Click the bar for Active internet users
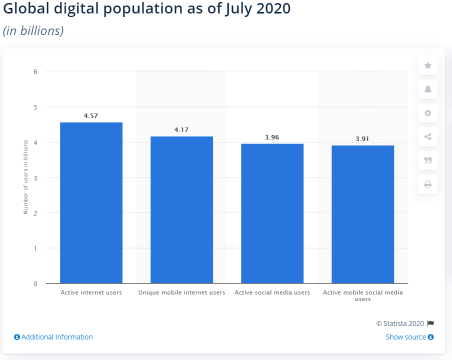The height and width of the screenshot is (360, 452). coord(91,202)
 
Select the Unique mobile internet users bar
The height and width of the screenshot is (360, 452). coord(181,210)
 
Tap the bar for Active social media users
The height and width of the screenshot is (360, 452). coord(272,213)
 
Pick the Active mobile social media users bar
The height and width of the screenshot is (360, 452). coord(362,214)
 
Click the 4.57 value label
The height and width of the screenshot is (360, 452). coord(91,115)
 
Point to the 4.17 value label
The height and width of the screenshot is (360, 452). coord(181,129)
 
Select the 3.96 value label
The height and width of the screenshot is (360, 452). coord(272,137)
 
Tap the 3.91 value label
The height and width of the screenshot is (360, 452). coord(362,138)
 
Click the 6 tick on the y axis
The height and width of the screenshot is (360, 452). coord(35,71)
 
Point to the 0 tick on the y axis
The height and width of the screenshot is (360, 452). coord(35,283)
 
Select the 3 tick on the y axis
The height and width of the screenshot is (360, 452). coord(35,177)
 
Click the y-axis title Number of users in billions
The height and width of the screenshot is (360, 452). coord(25,177)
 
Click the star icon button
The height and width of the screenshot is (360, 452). coord(427,65)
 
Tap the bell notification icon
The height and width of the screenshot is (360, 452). coord(427,89)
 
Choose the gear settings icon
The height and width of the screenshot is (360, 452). coord(427,113)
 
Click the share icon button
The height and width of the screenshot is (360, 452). coord(427,136)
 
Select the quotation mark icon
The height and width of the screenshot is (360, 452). coord(427,160)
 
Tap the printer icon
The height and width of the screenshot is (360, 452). coord(427,184)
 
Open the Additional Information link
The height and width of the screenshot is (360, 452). coord(53,337)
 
